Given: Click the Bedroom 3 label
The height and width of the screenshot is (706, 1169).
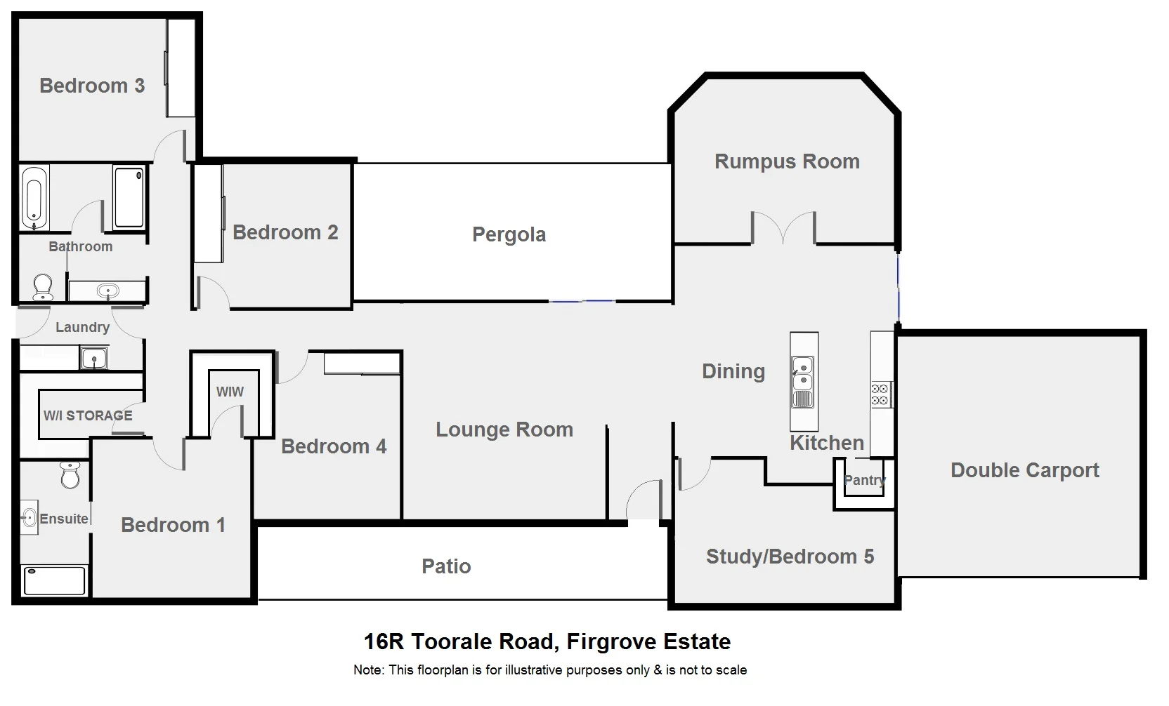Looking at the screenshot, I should point(91,86).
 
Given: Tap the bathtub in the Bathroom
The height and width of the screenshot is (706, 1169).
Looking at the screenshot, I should point(34,198).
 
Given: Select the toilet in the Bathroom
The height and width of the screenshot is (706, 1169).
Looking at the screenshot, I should point(43,286).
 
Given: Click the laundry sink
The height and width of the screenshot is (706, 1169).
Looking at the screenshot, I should point(93,359).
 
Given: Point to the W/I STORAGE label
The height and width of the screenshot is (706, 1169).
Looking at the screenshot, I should point(88,415).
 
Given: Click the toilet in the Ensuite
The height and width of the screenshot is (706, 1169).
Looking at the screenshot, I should point(70,475).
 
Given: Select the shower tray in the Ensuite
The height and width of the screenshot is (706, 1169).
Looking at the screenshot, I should point(54,581).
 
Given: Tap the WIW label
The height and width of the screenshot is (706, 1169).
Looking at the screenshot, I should point(230,392).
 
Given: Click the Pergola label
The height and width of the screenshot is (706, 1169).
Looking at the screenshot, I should point(509,234).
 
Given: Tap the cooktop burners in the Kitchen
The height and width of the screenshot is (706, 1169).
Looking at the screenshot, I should point(881,394).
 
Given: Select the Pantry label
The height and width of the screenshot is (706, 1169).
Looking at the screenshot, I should point(864,481).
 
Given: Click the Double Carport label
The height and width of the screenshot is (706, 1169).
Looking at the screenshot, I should point(1024,470).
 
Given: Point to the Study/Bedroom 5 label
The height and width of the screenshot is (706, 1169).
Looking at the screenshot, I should point(790,557).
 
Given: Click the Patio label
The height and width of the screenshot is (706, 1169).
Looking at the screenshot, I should point(446,566).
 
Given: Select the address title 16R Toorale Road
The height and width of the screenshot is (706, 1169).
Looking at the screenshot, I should point(547,641).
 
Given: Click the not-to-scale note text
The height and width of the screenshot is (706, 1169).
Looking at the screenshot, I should point(550,670).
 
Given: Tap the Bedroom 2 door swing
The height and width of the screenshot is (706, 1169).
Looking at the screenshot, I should point(213,292).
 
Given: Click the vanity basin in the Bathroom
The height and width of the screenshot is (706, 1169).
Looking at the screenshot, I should point(107,291).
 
